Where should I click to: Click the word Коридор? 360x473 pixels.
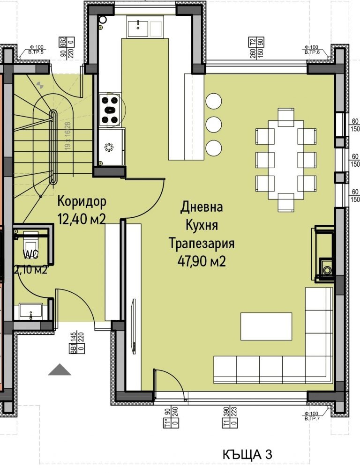point(82,201)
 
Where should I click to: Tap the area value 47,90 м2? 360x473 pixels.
point(202,261)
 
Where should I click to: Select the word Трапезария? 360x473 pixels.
point(202,244)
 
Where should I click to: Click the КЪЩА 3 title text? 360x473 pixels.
point(247,454)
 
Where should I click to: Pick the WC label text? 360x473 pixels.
point(32,255)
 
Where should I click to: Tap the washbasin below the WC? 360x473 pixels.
point(31,311)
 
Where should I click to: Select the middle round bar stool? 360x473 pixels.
point(214,124)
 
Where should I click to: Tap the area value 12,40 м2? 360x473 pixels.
point(81,218)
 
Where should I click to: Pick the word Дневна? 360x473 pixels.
point(202,207)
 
